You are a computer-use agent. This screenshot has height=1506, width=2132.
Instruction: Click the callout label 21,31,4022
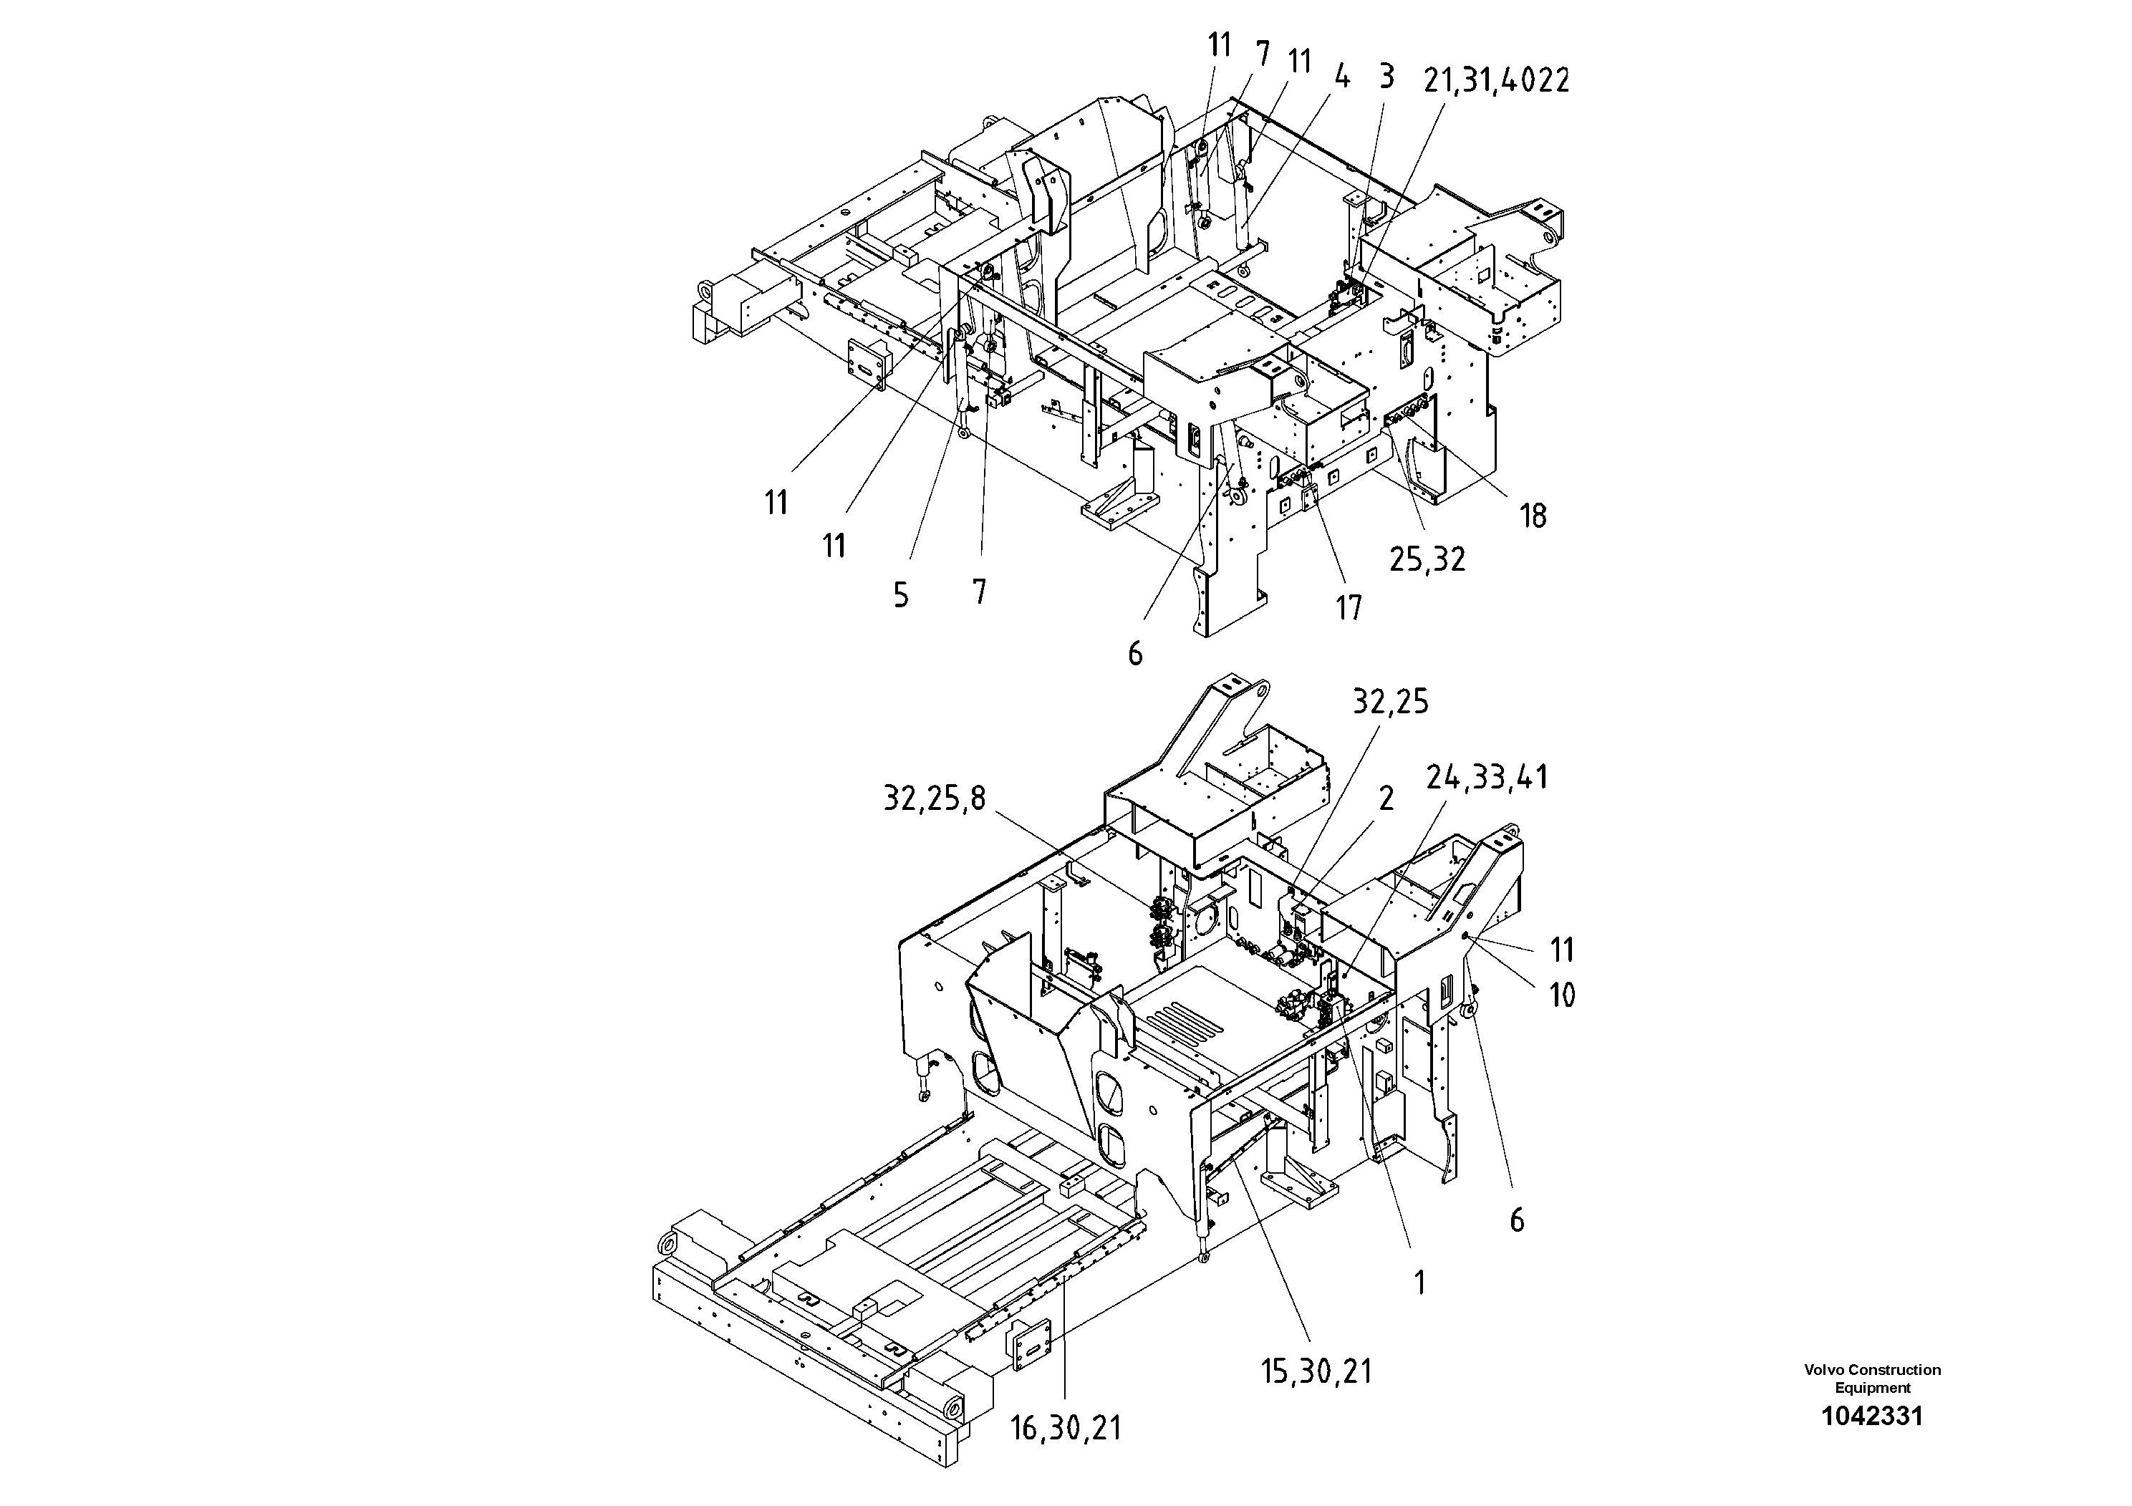pyautogui.click(x=1496, y=82)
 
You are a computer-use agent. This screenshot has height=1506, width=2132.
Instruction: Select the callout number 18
pyautogui.click(x=1533, y=516)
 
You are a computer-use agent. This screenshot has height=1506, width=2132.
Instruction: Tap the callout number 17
pyautogui.click(x=1349, y=608)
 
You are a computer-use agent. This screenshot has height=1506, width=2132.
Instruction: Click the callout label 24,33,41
pyautogui.click(x=1487, y=777)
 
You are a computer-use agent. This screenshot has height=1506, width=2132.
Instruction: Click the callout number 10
pyautogui.click(x=1562, y=995)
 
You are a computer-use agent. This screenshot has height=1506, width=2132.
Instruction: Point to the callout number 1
pyautogui.click(x=1419, y=1283)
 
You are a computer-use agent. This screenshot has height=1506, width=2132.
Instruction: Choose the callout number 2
pyautogui.click(x=1386, y=798)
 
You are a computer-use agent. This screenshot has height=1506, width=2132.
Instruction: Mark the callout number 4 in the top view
pyautogui.click(x=1342, y=78)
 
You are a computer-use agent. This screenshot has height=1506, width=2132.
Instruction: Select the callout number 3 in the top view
pyautogui.click(x=1386, y=77)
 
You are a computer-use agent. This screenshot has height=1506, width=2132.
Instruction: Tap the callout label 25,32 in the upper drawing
pyautogui.click(x=1427, y=559)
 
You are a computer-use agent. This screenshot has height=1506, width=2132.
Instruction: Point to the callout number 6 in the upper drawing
pyautogui.click(x=1134, y=655)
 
